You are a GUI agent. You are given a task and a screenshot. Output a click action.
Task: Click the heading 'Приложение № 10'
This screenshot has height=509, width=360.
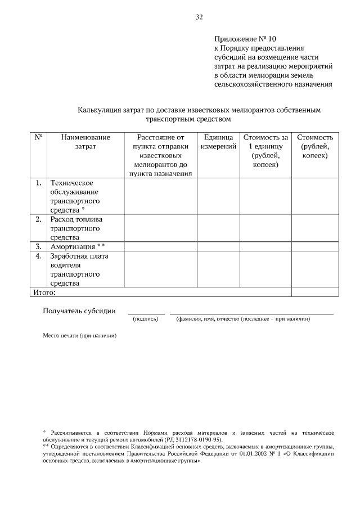(x=246, y=39)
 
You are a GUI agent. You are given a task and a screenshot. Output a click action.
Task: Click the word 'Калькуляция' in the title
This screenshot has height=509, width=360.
(x=101, y=110)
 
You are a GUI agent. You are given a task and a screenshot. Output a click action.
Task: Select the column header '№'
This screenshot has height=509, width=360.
(x=37, y=137)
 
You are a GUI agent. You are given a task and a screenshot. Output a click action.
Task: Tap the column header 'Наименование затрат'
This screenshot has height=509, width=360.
(x=85, y=142)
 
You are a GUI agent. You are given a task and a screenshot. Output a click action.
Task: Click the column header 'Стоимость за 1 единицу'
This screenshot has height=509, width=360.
(x=265, y=146)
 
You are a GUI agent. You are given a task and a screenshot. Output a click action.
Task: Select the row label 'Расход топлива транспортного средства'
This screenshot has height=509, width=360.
(x=76, y=228)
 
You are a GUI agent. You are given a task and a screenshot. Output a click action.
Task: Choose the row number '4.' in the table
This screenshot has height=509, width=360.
(x=38, y=256)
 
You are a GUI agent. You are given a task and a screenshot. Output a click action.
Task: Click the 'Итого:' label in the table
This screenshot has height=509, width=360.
(x=43, y=292)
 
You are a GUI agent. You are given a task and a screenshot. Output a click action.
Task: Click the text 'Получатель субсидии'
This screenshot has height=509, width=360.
(x=79, y=310)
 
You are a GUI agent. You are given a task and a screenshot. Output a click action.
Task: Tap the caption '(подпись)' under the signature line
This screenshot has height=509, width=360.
(x=146, y=319)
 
